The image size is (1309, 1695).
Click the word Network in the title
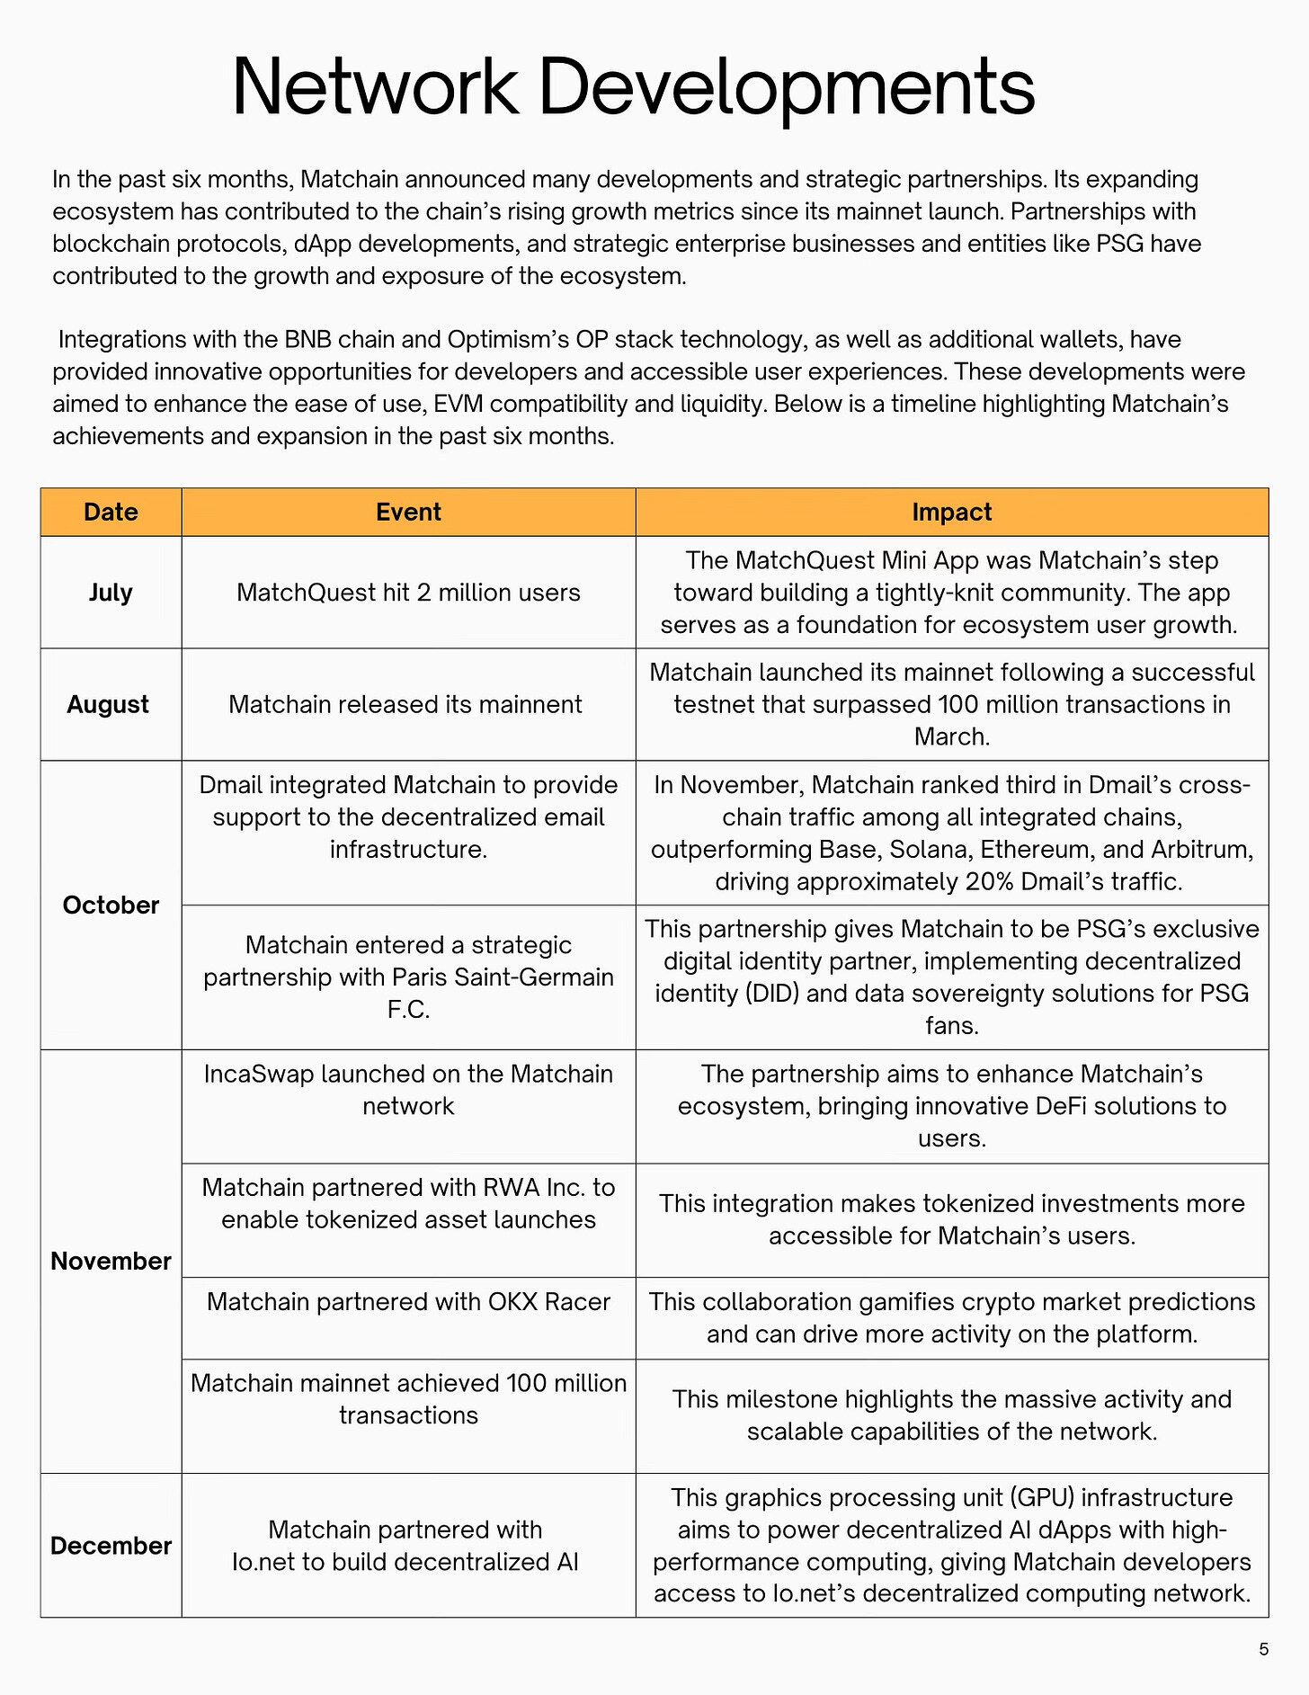coord(376,86)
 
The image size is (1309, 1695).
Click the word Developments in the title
coord(787,88)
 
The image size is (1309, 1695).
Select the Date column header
coord(111,513)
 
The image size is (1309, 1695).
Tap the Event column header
coord(408,513)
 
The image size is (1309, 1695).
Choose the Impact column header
coord(951,513)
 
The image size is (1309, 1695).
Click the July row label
coord(111,593)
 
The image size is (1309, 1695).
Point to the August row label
coord(108,704)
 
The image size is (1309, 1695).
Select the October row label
coord(111,905)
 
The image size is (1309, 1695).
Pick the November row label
coord(111,1261)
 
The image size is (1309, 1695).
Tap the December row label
coord(111,1546)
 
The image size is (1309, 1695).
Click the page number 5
coord(1263,1649)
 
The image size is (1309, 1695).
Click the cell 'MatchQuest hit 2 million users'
coord(408,593)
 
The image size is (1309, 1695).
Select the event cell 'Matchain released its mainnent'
coord(405,704)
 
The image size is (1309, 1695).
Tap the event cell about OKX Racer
coord(408,1302)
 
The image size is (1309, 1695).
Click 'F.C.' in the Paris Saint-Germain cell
coord(408,1010)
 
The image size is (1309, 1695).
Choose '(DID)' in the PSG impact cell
coord(771,994)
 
